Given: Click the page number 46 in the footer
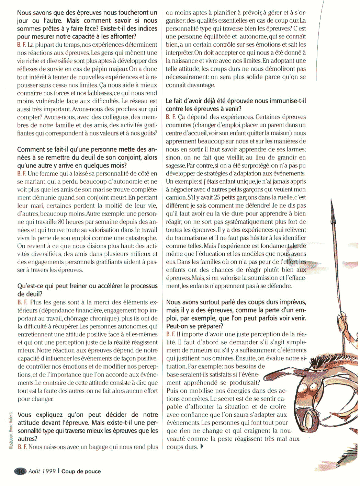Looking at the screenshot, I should pos(20,471).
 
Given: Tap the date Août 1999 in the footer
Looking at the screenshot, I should pos(42,471).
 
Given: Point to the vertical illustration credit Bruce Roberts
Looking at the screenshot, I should pos(11,430).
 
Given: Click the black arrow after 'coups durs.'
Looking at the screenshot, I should pos(202,447).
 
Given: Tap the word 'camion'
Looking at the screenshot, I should pos(176,197).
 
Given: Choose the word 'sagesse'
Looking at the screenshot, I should pos(176,165).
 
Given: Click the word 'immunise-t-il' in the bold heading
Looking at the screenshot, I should pos(286,101).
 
